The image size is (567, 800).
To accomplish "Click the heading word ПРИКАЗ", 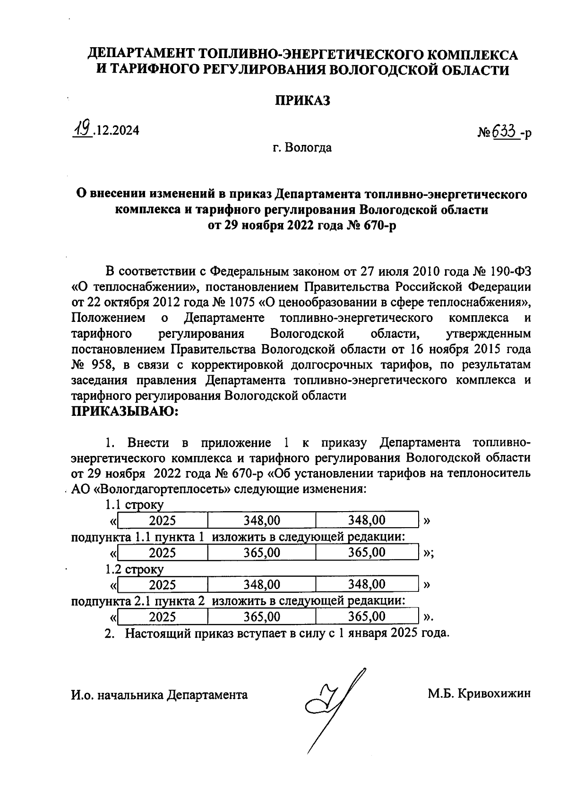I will click(x=302, y=101).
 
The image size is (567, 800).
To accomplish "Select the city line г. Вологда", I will click(x=302, y=148).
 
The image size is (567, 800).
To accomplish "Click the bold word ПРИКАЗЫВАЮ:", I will click(x=124, y=411).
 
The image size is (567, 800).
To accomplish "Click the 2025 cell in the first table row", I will click(x=163, y=520).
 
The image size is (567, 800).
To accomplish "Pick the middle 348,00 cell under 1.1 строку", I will click(x=262, y=520).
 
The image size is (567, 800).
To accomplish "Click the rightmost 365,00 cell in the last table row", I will click(x=367, y=616).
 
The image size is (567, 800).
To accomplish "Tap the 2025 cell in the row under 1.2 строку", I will click(x=163, y=585).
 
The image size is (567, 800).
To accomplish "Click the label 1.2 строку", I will click(x=134, y=569).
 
